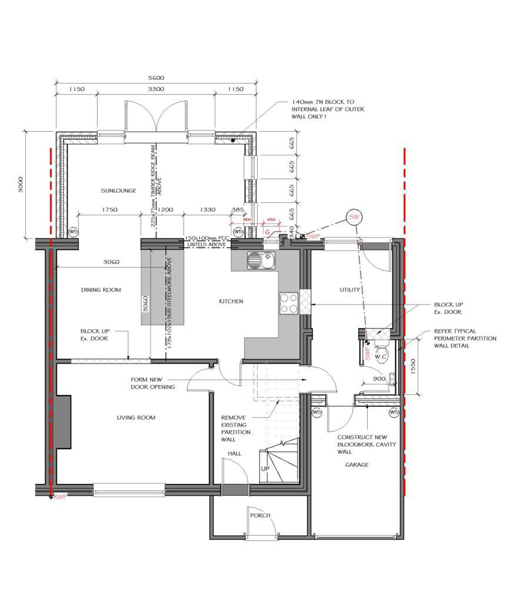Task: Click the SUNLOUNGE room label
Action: (x=118, y=190)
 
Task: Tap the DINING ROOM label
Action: (x=101, y=290)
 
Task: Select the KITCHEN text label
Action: (x=231, y=301)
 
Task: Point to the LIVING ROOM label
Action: (x=136, y=417)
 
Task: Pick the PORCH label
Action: (x=260, y=516)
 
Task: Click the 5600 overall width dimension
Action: (x=156, y=78)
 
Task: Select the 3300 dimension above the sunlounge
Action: (x=155, y=89)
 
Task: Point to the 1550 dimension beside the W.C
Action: (x=414, y=367)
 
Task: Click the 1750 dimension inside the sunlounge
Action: (x=110, y=210)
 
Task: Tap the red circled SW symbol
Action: (x=354, y=217)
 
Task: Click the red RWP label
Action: (x=61, y=497)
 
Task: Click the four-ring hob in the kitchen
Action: (x=289, y=303)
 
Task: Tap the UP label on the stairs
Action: (x=265, y=469)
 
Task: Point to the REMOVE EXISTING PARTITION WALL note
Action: (x=236, y=423)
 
